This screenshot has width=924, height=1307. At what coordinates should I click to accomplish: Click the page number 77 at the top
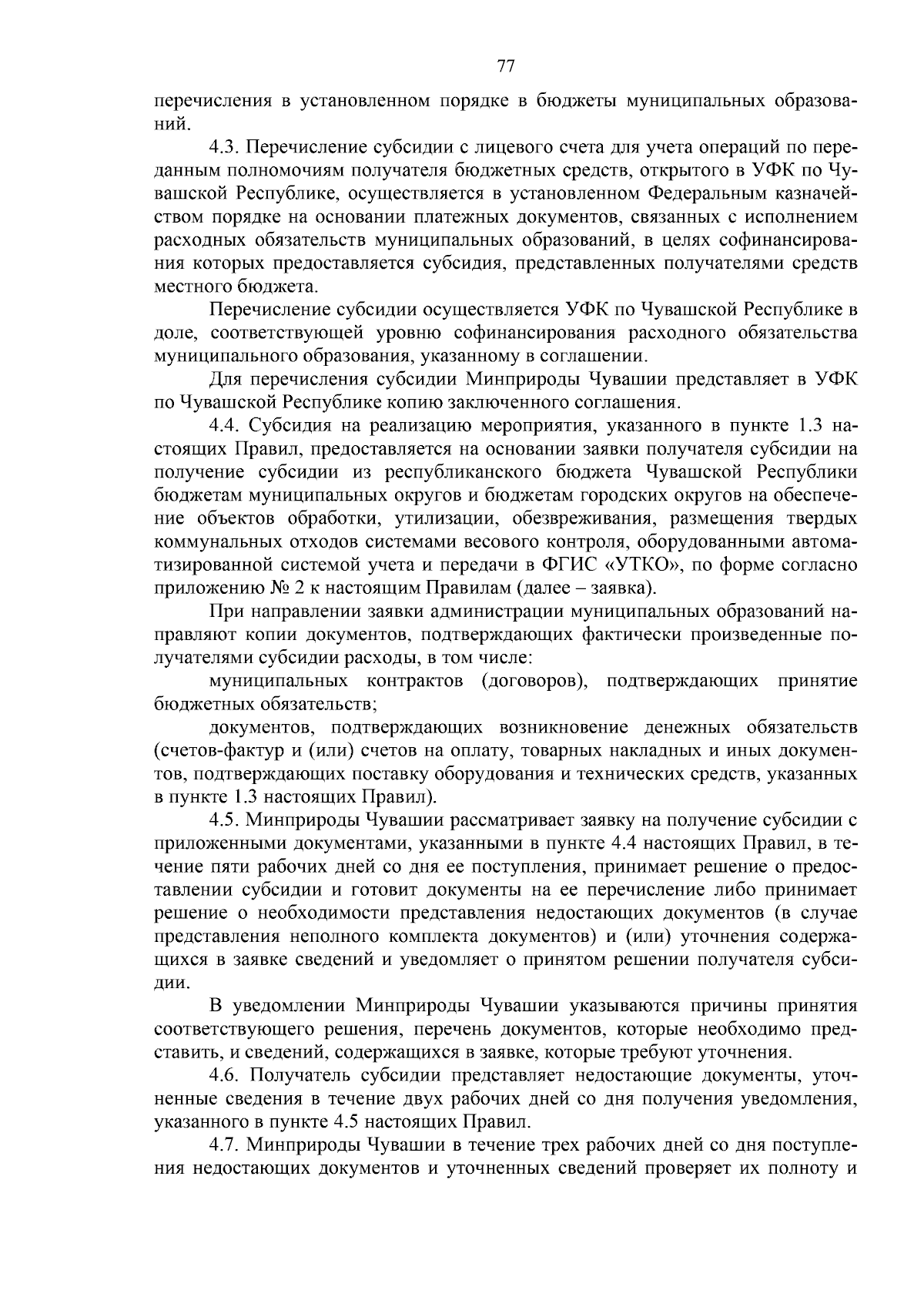(x=505, y=66)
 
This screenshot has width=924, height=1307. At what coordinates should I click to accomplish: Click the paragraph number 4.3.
(x=224, y=146)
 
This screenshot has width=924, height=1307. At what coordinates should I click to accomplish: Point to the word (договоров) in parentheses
(x=535, y=681)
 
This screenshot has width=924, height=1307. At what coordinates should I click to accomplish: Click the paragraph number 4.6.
(x=224, y=1075)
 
